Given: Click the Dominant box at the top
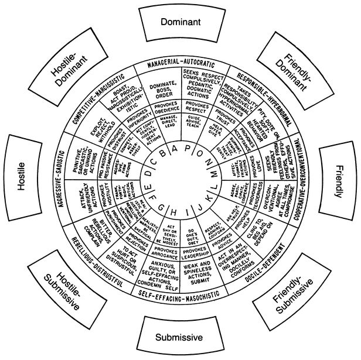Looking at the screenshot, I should [181, 22].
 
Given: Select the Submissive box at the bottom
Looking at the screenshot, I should [179, 337].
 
